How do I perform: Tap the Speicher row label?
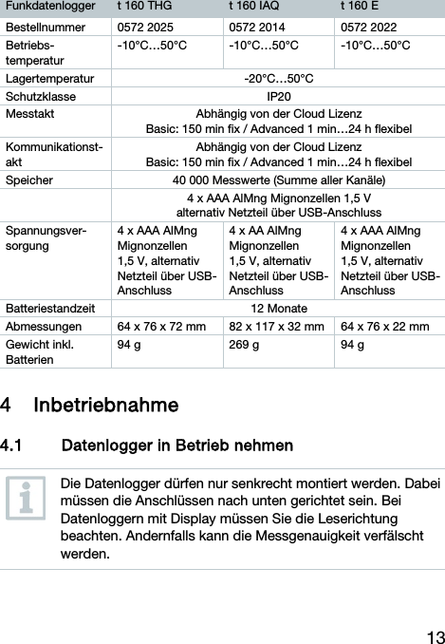pos(30,179)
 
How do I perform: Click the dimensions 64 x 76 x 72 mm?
pos(160,327)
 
